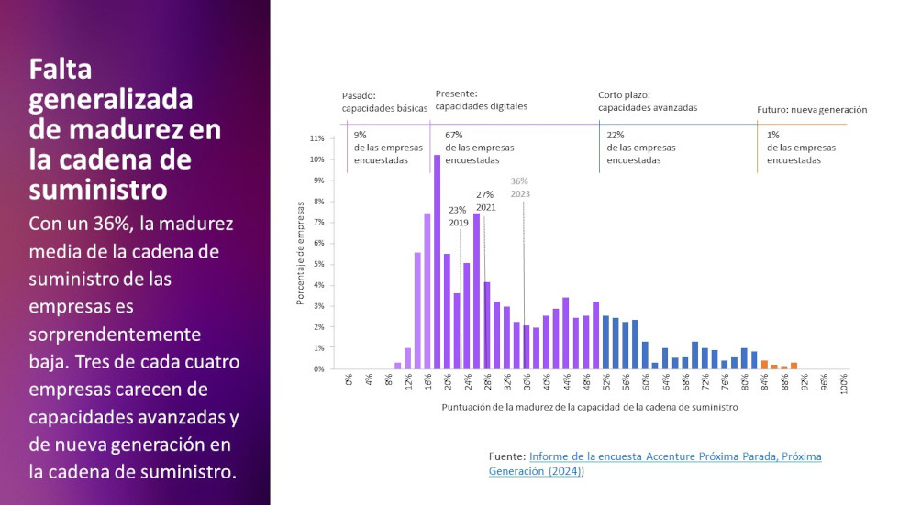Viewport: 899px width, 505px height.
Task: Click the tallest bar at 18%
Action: (x=438, y=262)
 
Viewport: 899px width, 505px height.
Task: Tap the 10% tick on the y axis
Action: (x=317, y=159)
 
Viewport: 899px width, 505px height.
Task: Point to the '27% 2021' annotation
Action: (x=485, y=201)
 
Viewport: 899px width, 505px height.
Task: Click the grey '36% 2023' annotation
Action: (x=520, y=187)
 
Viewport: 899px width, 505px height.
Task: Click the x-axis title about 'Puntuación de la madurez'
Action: (x=589, y=407)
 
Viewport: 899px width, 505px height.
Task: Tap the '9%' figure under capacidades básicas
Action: (x=361, y=135)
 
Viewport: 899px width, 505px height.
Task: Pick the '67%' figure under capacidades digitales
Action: (x=454, y=135)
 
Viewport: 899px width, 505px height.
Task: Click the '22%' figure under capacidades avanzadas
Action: (x=616, y=135)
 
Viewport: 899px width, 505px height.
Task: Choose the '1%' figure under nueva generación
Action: (x=772, y=135)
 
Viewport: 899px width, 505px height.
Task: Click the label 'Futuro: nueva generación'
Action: (x=812, y=109)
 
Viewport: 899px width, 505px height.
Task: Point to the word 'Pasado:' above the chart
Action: (x=359, y=95)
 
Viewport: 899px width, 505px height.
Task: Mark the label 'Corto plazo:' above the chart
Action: (x=624, y=94)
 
